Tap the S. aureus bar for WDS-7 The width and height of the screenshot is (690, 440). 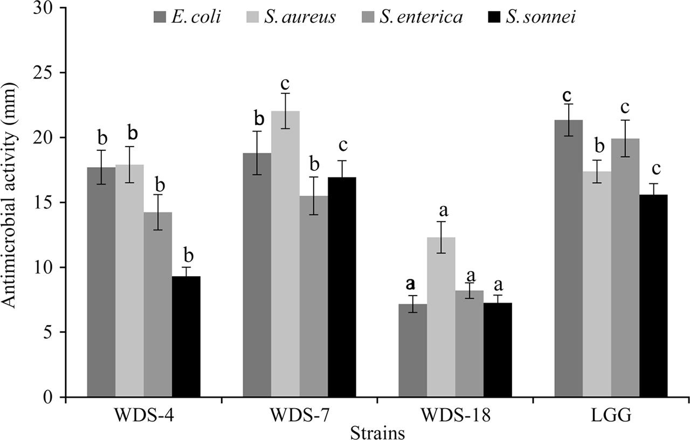click(285, 254)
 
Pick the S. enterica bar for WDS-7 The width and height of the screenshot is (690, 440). click(314, 297)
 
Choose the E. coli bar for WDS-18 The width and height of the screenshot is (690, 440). click(413, 350)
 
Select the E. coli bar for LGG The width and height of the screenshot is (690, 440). click(569, 259)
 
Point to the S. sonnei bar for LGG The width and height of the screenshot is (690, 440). click(653, 296)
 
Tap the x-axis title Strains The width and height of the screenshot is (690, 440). click(377, 432)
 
